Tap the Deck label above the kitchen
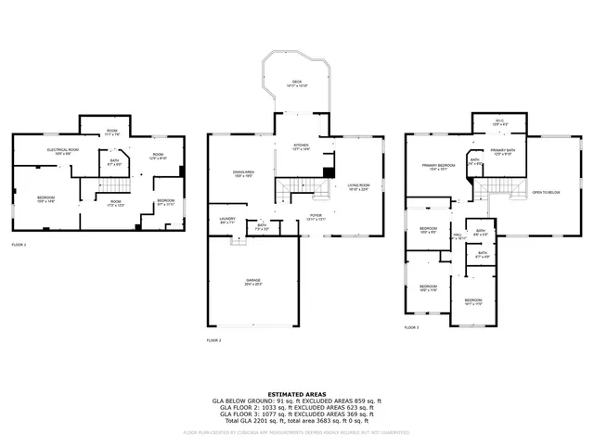297,83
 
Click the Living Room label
358,188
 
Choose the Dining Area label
244,174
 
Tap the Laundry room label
226,221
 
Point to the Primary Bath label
503,152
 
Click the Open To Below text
546,192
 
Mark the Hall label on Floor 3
458,235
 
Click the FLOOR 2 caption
214,340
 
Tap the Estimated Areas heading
296,394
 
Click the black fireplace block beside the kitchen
328,172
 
